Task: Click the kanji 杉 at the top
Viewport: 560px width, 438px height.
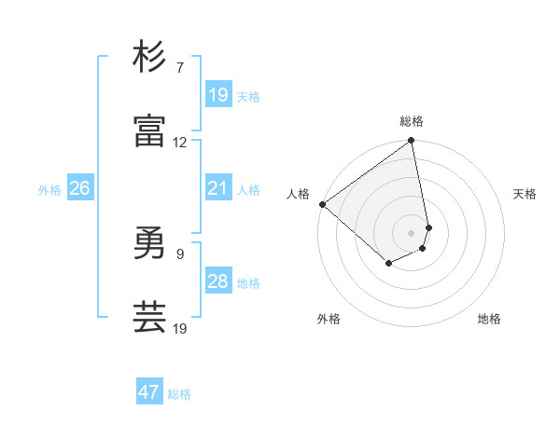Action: pyautogui.click(x=149, y=58)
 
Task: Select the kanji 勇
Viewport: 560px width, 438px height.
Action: pyautogui.click(x=149, y=244)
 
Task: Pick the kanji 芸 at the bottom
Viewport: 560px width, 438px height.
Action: pyautogui.click(x=149, y=317)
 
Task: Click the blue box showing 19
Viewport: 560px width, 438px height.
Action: pyautogui.click(x=218, y=95)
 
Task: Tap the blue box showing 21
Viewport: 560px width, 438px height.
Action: pyautogui.click(x=218, y=188)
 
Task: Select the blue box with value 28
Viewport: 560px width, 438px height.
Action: pyautogui.click(x=218, y=281)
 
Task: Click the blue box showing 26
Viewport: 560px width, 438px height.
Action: pyautogui.click(x=79, y=188)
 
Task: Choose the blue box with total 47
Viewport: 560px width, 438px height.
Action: pyautogui.click(x=149, y=392)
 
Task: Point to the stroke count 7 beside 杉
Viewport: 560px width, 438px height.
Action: pyautogui.click(x=180, y=69)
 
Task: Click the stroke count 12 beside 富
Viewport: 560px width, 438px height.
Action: pyautogui.click(x=180, y=143)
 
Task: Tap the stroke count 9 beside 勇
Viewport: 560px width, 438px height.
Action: pyautogui.click(x=180, y=253)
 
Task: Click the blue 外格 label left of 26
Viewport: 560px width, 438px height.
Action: pyautogui.click(x=49, y=190)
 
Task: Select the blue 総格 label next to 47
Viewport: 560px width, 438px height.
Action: pyautogui.click(x=179, y=394)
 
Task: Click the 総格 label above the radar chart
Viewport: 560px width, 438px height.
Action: pyautogui.click(x=412, y=121)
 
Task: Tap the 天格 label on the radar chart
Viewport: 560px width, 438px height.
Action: pyautogui.click(x=525, y=194)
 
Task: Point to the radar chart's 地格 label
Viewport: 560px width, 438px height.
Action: pyautogui.click(x=489, y=319)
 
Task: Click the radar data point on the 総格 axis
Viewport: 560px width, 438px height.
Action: pyautogui.click(x=412, y=142)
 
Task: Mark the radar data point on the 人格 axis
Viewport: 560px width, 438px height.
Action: pyautogui.click(x=322, y=204)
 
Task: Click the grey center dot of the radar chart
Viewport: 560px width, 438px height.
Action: pyautogui.click(x=412, y=232)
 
